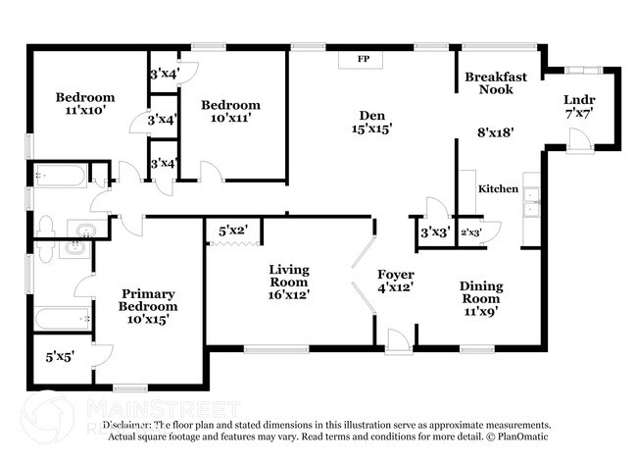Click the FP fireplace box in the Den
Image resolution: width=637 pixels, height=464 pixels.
pos(363,60)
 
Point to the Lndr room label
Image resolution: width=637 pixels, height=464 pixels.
pos(579,100)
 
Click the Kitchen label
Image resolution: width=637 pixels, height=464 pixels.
pos(498,188)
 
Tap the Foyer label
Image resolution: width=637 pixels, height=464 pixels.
pos(396,274)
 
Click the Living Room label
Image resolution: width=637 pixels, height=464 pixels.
pos(289,276)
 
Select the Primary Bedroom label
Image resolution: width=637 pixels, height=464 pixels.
pos(149,300)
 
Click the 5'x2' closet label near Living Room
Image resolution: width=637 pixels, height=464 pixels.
pos(232,231)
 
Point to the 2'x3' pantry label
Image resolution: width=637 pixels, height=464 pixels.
pos(472,232)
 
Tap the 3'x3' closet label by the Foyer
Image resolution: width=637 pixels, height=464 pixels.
pos(433,233)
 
